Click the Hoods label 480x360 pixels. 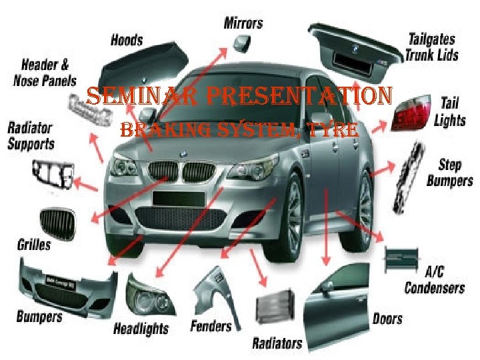coord(126,40)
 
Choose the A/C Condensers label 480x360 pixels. coord(435,281)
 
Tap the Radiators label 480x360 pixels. coord(277,343)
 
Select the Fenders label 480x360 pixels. coord(211,326)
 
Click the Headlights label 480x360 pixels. coord(141,328)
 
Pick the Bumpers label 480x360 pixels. coord(39,316)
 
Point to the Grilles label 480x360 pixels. coord(33,244)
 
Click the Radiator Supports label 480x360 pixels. coord(31,135)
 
